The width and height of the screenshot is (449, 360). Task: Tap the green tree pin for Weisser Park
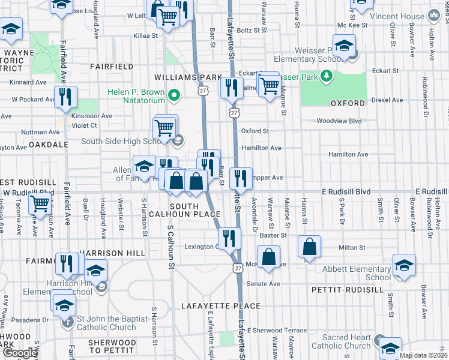pos(326,76)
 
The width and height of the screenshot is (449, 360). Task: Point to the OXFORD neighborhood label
pos(348,103)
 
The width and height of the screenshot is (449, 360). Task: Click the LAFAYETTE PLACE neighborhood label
pos(225,306)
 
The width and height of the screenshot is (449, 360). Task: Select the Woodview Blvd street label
pos(340,121)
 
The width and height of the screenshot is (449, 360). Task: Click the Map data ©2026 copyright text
pos(423,355)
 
